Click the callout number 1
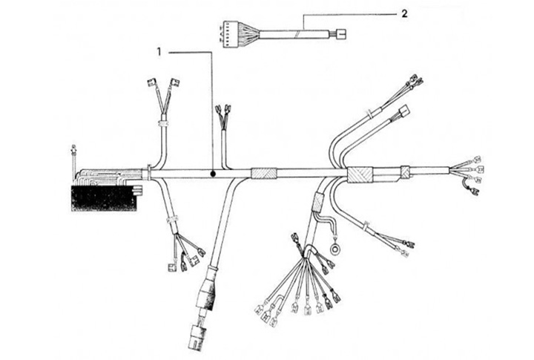[159, 51]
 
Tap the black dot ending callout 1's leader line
[213, 174]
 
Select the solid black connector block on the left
[105, 197]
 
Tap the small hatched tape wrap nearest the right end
[405, 171]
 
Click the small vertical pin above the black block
[73, 155]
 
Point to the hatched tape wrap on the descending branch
[320, 200]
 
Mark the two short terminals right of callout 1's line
[222, 114]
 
